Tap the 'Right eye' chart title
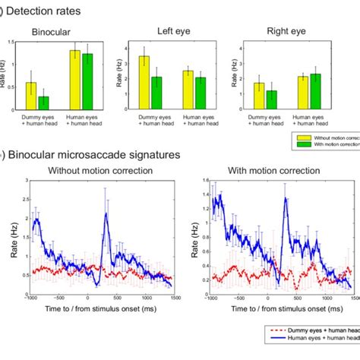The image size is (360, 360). point(286,32)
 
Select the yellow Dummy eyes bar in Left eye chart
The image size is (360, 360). point(144,84)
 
